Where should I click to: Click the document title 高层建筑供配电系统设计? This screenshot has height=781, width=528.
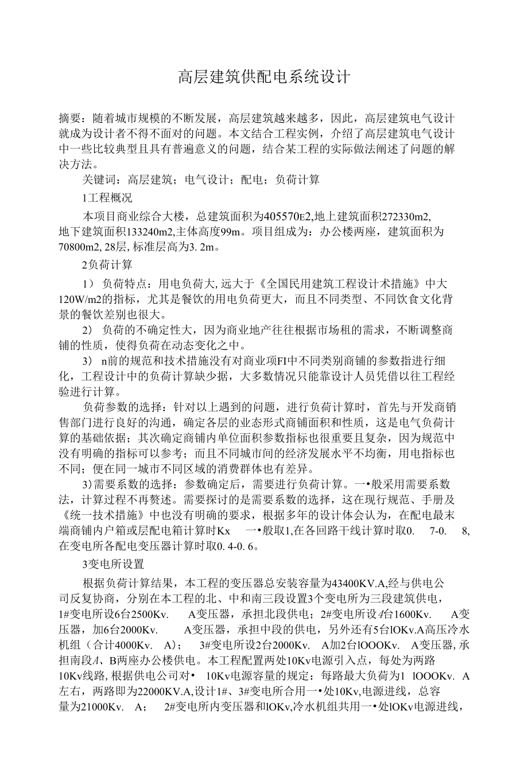pyautogui.click(x=263, y=77)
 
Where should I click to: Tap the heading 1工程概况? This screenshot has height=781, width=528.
pyautogui.click(x=107, y=198)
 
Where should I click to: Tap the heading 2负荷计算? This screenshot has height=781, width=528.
pyautogui.click(x=108, y=265)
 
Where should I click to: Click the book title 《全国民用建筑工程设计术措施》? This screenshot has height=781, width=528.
pyautogui.click(x=342, y=283)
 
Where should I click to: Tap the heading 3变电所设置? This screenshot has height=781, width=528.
pyautogui.click(x=113, y=564)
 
